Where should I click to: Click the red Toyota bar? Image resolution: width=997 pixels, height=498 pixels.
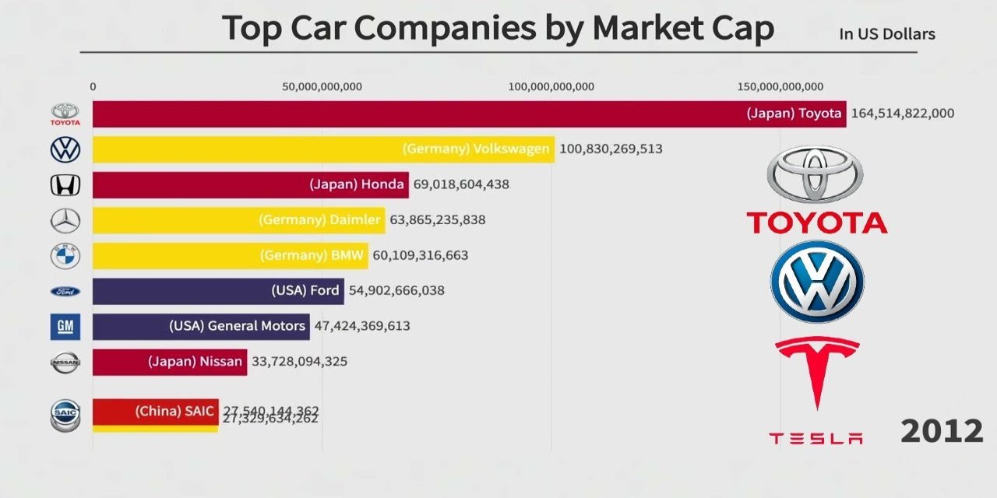467,114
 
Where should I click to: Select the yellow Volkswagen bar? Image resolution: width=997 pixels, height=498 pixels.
323,149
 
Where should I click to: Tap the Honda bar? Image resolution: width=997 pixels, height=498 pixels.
249,185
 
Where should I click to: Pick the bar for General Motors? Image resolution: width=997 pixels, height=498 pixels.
201,326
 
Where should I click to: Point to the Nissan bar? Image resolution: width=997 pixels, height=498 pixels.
169,362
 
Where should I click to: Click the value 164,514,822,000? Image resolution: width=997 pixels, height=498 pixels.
903,114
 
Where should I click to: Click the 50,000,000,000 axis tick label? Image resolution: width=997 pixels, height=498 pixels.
322,86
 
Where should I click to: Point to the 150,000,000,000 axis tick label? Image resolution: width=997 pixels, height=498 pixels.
780,86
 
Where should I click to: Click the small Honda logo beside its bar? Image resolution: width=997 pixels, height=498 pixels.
65,185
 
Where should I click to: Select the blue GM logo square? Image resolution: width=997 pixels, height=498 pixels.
65,327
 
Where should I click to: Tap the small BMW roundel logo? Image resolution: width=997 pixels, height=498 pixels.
65,256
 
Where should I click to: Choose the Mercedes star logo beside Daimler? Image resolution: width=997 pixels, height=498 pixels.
65,221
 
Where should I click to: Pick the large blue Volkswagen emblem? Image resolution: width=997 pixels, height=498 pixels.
816,282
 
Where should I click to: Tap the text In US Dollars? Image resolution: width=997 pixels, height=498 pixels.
887,34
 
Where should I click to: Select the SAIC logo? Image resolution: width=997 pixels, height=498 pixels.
65,416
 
